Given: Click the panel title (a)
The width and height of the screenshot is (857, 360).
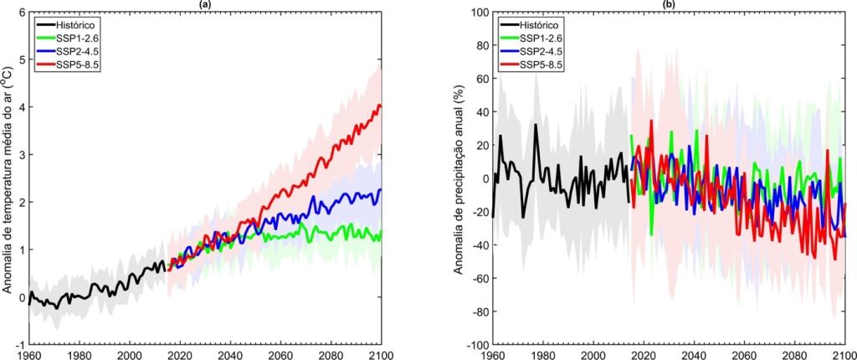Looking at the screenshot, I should click(x=205, y=4).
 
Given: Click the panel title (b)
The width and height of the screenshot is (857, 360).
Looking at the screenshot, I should click(x=669, y=4).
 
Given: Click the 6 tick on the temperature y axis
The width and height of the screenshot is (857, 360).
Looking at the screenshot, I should click(x=21, y=13).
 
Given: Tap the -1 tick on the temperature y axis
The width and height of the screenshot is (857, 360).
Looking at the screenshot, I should click(x=19, y=345).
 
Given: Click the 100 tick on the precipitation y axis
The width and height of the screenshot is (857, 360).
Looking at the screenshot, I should click(x=478, y=13).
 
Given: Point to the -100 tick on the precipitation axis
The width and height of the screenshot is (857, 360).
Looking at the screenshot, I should click(x=475, y=345).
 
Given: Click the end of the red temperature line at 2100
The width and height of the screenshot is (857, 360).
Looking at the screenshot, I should click(x=381, y=106).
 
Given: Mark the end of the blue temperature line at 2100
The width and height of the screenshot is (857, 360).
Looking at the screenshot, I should click(x=381, y=189).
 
